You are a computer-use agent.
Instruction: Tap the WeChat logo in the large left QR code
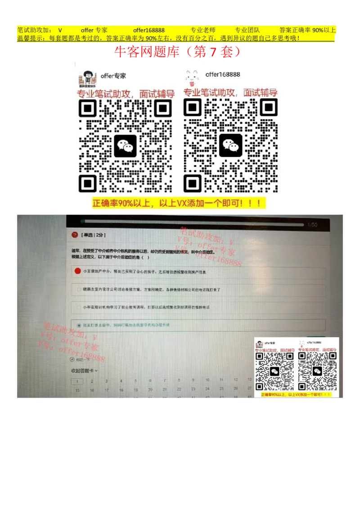coord(125,146)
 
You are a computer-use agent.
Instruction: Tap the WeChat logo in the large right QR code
coord(230,146)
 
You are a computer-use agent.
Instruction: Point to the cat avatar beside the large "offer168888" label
coord(192,78)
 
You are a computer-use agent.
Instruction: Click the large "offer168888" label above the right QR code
coord(223,75)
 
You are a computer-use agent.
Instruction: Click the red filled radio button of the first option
coord(77,271)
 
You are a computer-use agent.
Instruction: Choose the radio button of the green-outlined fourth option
coord(79,325)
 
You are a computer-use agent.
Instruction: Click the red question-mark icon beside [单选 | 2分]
coord(74,235)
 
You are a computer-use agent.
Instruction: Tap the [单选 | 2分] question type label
coord(93,235)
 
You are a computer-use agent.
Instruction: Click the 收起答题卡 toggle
coord(84,371)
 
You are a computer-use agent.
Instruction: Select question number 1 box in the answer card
coord(77,381)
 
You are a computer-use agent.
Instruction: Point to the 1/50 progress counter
coord(312,225)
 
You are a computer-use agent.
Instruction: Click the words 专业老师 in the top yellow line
coord(202,30)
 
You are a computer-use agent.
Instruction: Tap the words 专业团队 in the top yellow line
coord(247,30)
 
